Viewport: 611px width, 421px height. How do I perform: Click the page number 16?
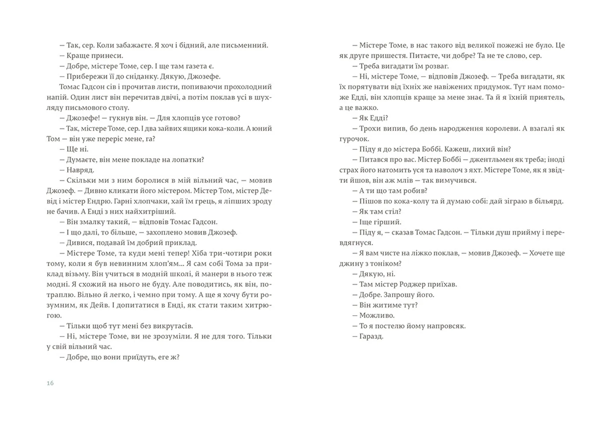coord(50,383)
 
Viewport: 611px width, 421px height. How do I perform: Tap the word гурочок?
coord(354,139)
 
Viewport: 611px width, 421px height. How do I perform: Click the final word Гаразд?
coord(371,336)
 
